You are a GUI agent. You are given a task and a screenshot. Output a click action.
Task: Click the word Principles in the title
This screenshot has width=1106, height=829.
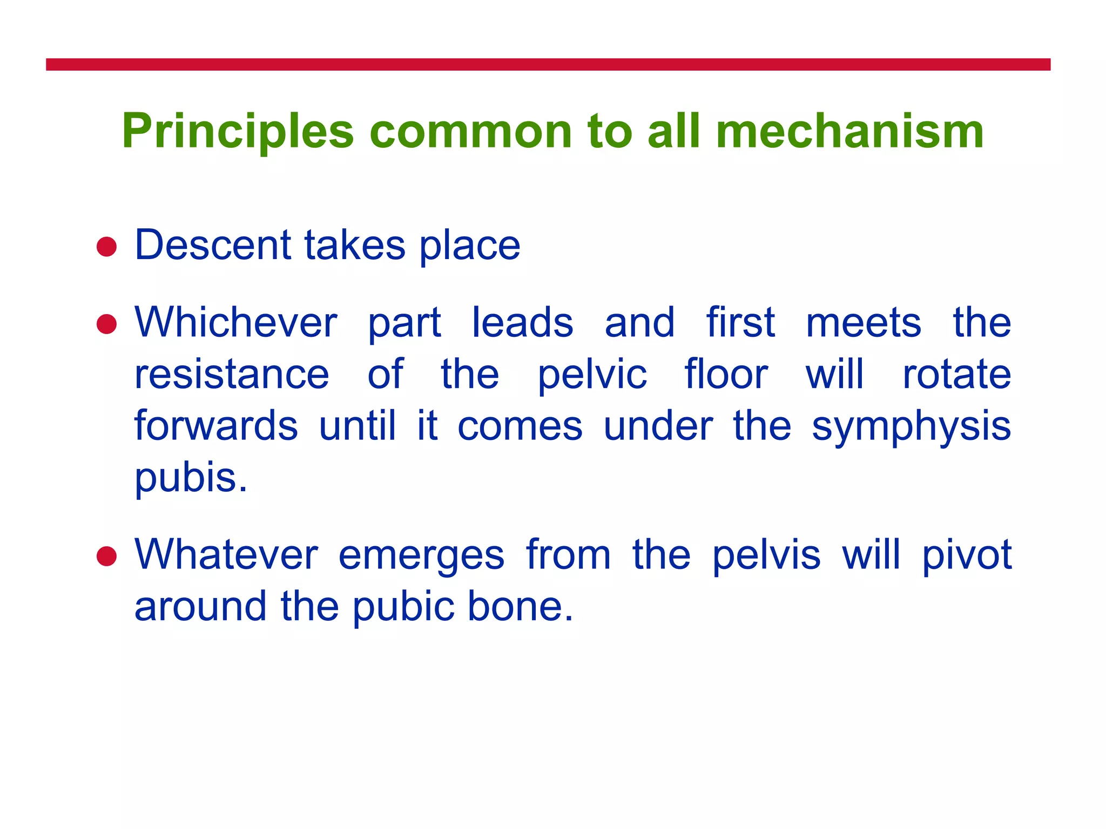coord(238,131)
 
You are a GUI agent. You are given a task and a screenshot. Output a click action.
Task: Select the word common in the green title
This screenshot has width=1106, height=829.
coord(470,131)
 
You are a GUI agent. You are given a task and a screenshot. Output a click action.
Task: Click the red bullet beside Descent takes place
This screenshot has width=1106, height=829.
coord(106,247)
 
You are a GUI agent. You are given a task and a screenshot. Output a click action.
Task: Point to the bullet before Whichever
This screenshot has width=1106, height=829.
coord(106,324)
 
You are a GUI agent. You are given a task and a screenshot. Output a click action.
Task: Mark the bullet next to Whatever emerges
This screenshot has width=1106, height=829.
coord(106,556)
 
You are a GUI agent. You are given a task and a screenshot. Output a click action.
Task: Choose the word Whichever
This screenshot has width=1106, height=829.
coord(236,323)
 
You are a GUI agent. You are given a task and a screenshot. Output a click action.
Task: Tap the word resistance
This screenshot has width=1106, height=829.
coord(232,374)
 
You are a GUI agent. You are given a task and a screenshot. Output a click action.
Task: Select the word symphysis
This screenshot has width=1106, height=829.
coord(911,426)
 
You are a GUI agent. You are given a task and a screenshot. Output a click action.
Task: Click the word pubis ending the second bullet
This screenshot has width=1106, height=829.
coord(191,478)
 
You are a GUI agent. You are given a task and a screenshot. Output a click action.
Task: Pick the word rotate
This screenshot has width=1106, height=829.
coord(956,374)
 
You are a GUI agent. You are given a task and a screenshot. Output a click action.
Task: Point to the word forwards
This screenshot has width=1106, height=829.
coord(216,425)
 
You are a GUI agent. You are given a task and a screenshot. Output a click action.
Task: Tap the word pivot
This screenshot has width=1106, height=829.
coord(967,555)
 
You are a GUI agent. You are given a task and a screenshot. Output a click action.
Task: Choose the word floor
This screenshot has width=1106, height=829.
coord(726,374)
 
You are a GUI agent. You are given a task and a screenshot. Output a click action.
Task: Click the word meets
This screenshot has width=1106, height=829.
coord(863,323)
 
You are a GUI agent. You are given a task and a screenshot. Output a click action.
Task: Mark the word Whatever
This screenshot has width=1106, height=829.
coord(226,555)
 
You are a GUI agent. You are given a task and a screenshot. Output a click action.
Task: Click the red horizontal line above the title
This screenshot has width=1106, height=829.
coord(548,65)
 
